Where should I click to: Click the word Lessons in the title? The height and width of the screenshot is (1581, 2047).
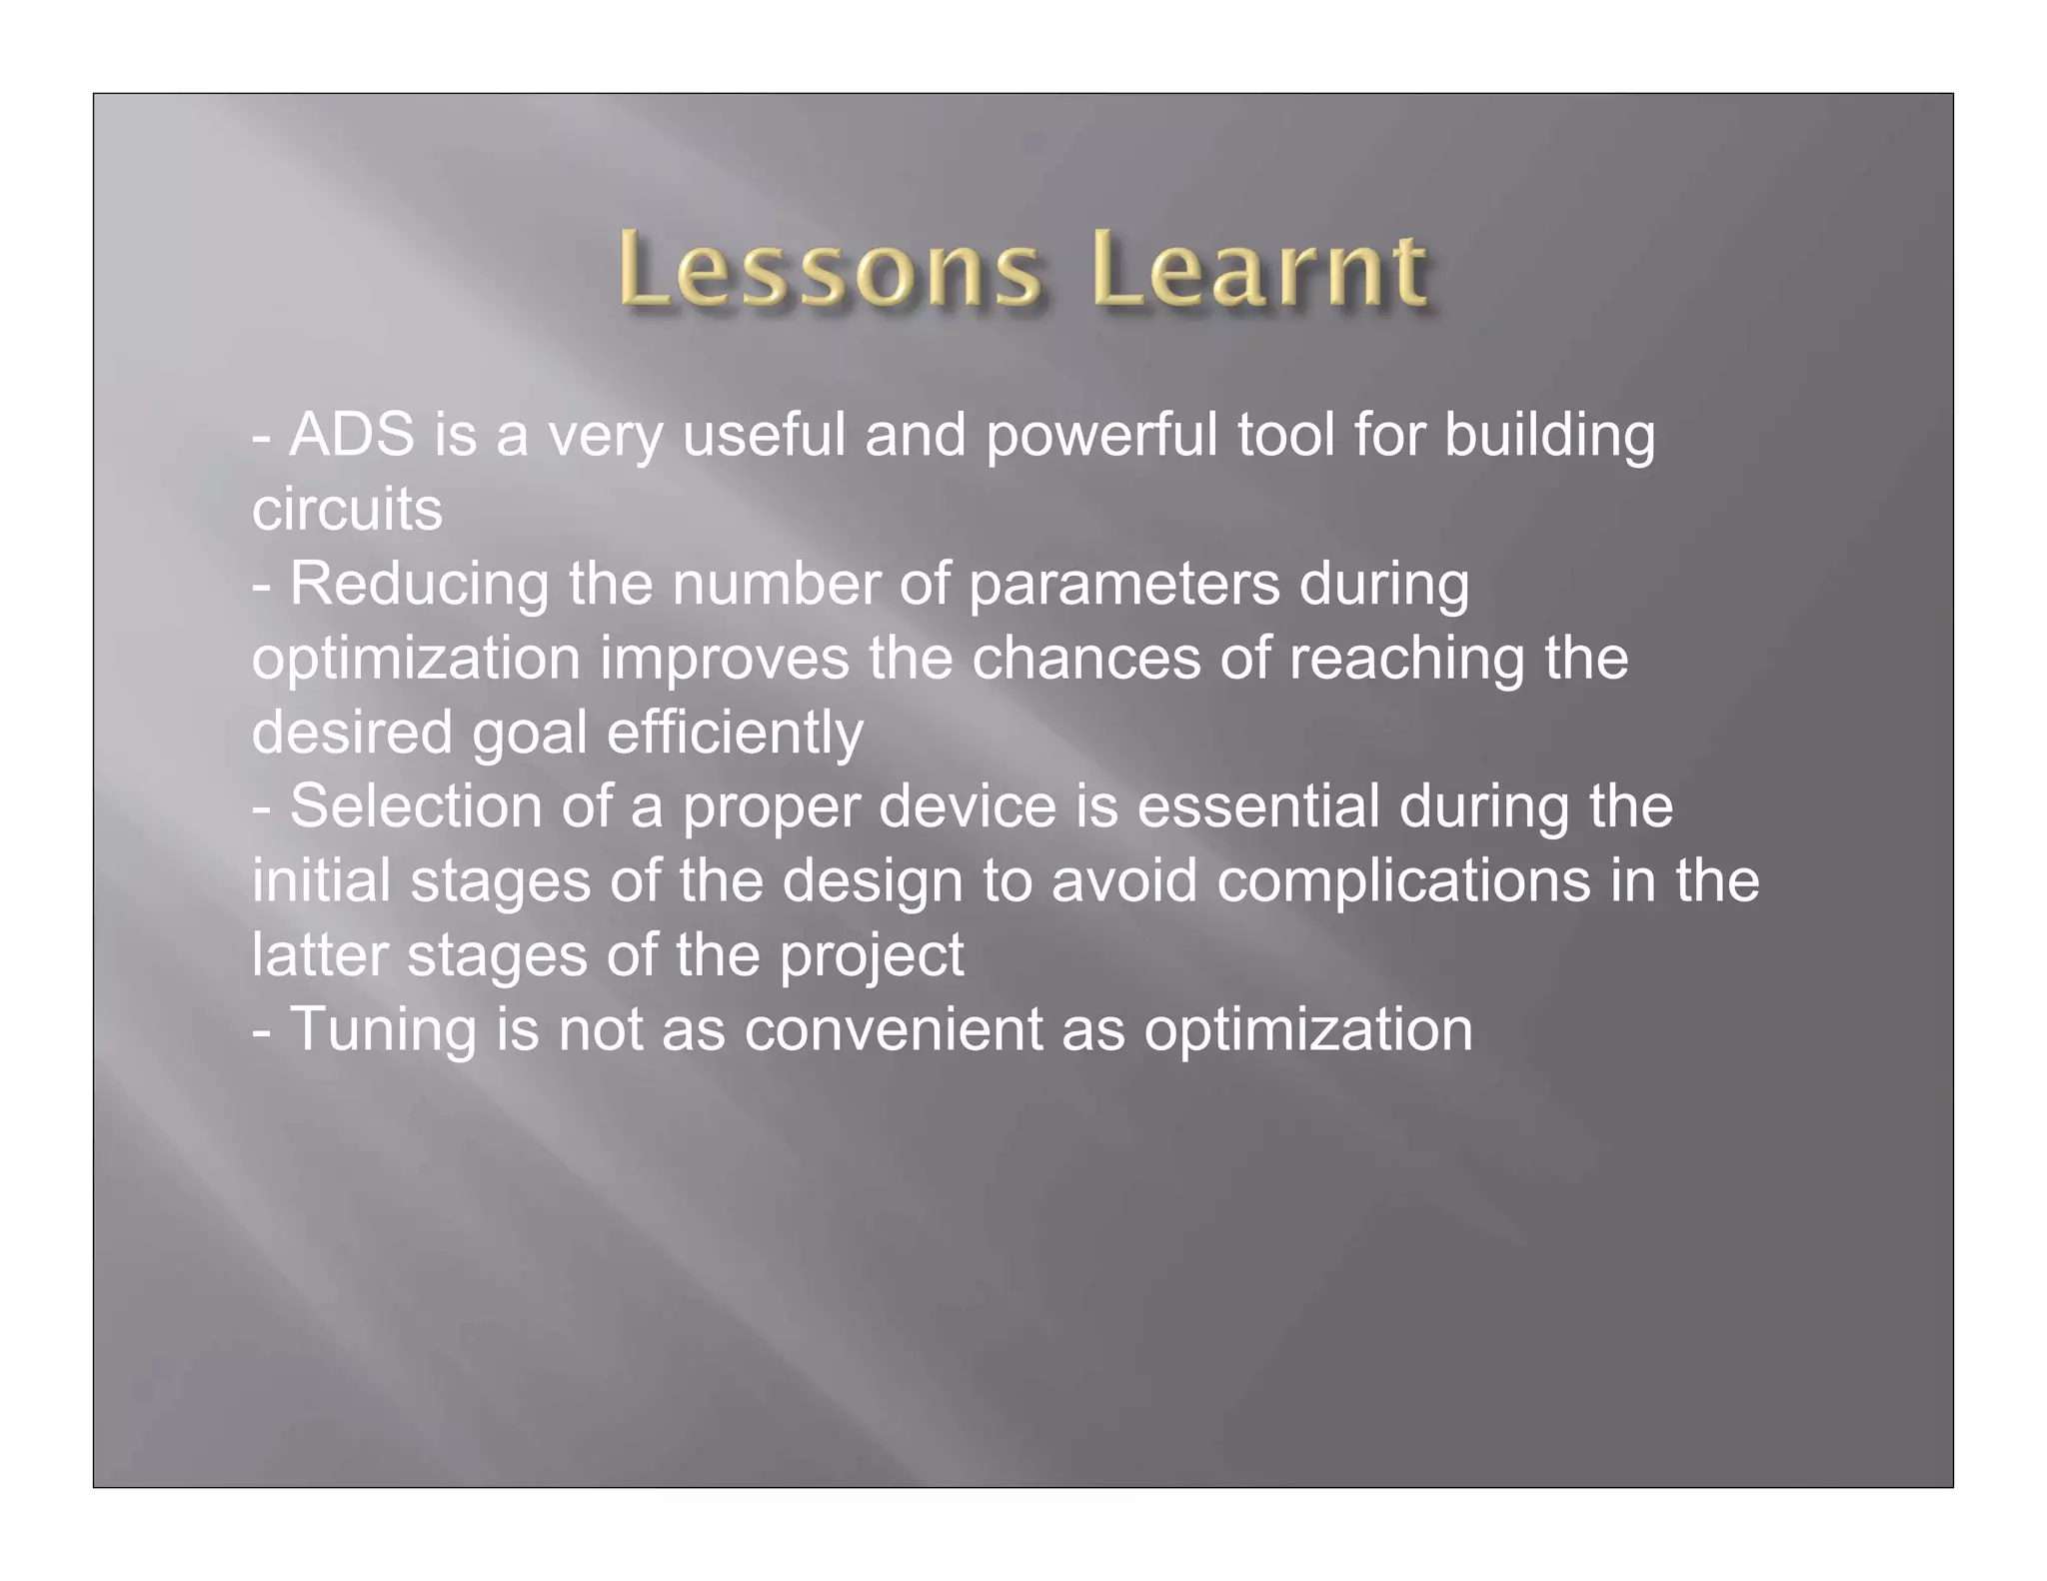(829, 270)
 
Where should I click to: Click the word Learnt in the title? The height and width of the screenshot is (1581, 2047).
(1259, 270)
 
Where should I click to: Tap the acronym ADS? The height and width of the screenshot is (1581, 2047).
(352, 436)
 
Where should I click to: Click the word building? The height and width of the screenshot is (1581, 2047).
(1549, 436)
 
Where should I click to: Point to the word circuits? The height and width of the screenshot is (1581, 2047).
(347, 510)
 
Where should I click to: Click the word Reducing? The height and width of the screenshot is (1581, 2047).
(419, 584)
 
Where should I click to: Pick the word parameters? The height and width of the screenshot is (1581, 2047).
(1123, 584)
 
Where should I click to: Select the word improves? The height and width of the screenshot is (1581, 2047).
(725, 659)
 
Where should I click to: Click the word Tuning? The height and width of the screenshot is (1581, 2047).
(383, 1030)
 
